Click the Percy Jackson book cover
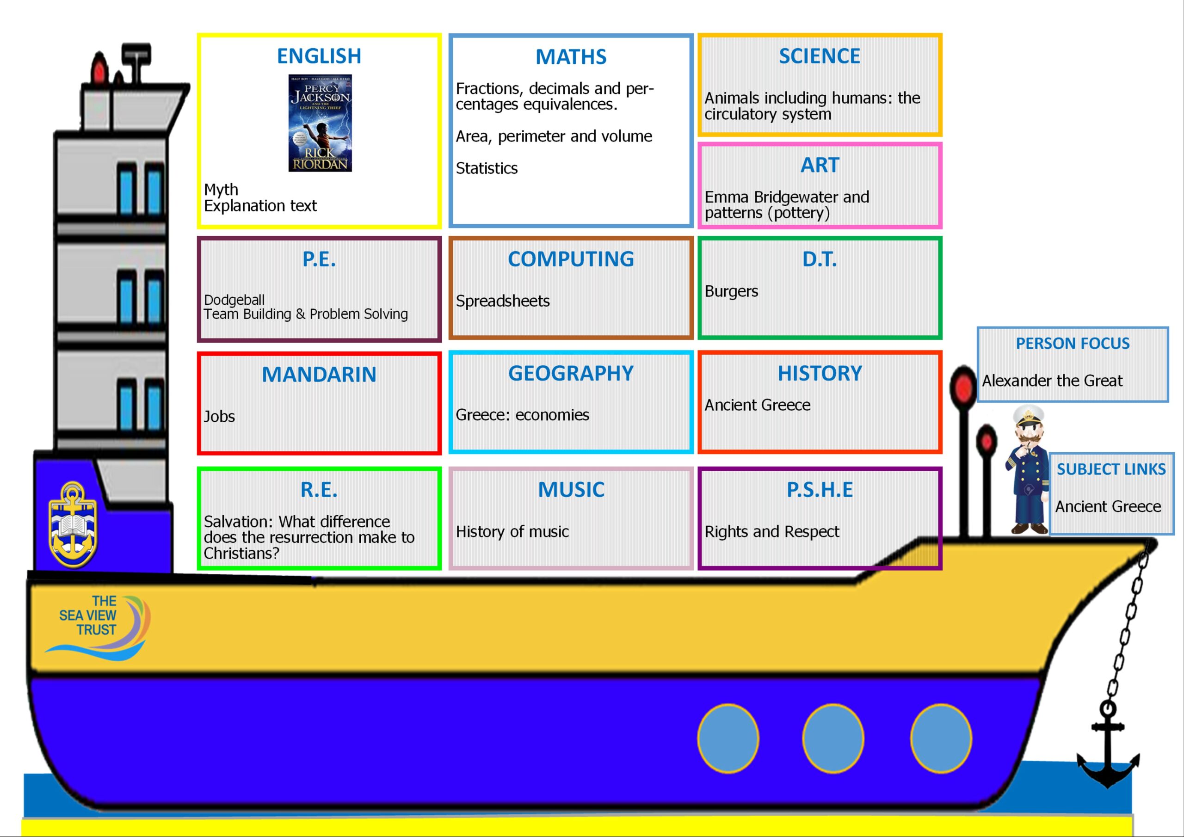click(320, 123)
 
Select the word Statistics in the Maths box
click(486, 168)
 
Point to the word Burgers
click(731, 291)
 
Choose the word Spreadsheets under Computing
click(503, 301)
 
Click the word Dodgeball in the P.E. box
click(234, 300)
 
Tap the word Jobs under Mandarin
click(219, 416)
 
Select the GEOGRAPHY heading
click(571, 373)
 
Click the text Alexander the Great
click(1052, 381)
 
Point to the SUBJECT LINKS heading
click(1111, 469)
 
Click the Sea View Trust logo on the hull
click(98, 627)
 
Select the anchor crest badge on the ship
click(73, 524)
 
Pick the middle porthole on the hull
click(833, 739)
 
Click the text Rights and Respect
click(772, 532)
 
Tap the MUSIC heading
click(571, 489)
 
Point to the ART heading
click(820, 165)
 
